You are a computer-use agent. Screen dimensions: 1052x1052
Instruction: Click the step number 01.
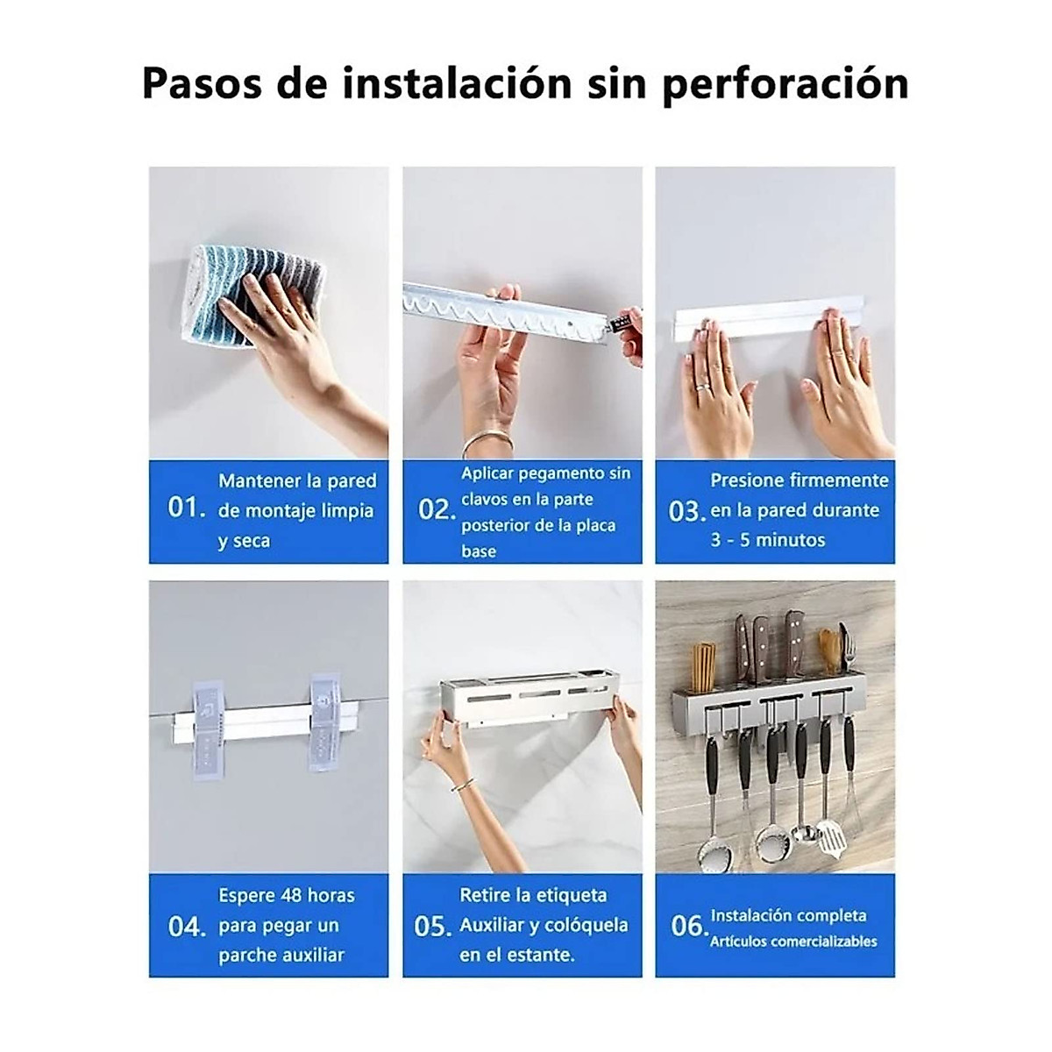point(186,508)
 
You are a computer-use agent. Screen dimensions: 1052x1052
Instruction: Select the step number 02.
point(436,509)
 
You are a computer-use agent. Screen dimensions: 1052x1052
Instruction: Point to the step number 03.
point(687,511)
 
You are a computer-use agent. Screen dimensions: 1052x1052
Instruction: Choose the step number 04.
point(186,926)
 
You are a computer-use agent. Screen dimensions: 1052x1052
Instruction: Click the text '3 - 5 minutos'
point(767,540)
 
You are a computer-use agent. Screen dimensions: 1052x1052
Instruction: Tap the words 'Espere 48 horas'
point(287,895)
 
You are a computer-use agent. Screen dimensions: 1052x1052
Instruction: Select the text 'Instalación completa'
point(788,915)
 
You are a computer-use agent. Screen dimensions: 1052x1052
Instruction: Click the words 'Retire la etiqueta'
point(533,895)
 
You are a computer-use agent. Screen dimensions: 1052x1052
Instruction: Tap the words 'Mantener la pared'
point(297,480)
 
